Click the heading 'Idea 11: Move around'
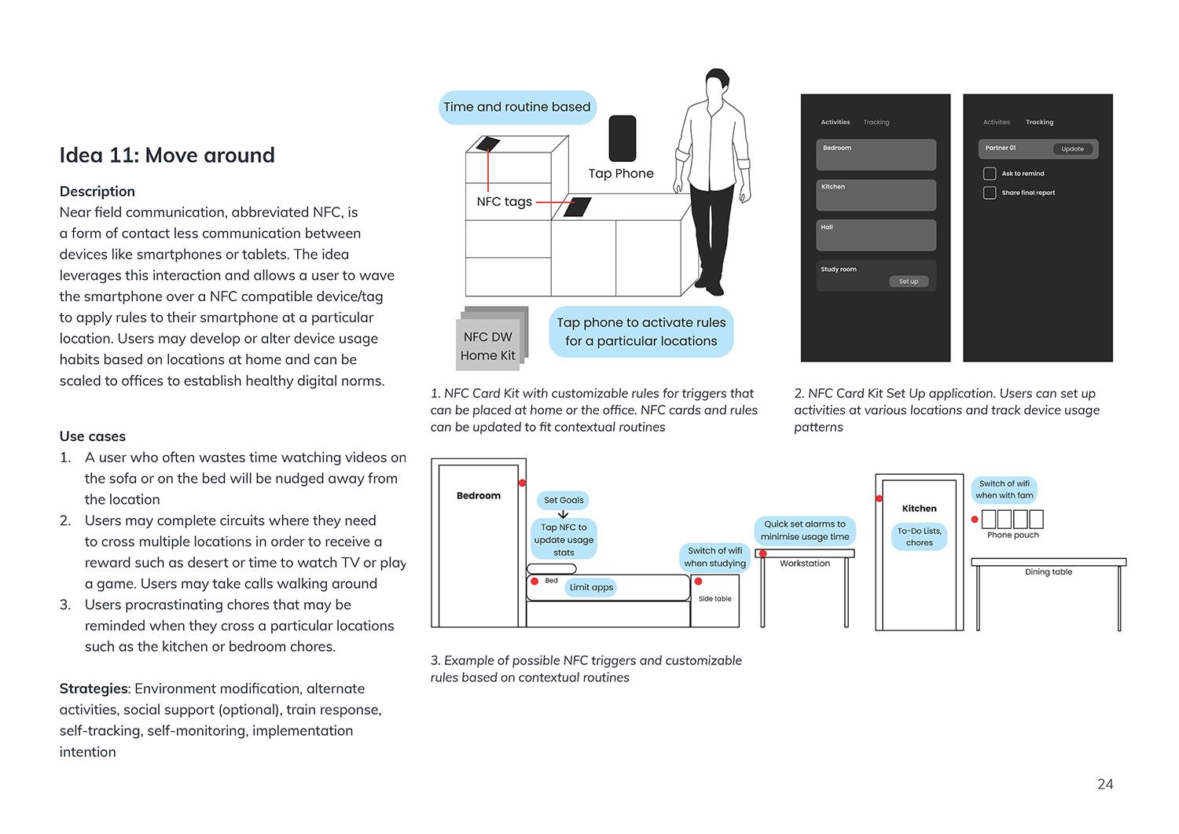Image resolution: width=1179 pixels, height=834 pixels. [167, 155]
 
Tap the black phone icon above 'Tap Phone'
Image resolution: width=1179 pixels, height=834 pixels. [622, 138]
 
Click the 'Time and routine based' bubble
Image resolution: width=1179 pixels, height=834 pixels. [516, 107]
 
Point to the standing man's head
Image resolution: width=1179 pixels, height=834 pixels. [715, 84]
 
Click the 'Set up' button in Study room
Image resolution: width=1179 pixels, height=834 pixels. [908, 281]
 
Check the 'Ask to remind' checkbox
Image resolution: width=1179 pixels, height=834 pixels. [990, 174]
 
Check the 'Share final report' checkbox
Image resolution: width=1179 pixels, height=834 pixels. [990, 193]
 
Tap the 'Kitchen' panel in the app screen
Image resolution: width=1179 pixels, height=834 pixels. [876, 195]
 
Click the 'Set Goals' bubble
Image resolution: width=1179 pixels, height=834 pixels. [564, 500]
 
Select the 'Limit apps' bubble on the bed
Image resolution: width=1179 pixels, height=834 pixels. [591, 587]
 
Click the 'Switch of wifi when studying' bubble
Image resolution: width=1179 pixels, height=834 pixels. [714, 557]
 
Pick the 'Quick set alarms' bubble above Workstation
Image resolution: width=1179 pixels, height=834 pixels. [805, 531]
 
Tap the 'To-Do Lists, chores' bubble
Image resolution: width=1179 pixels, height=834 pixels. [919, 537]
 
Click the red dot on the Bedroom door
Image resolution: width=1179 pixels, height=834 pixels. [522, 482]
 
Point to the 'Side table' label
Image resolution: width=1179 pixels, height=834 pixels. [714, 599]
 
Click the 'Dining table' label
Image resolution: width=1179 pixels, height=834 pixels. [1048, 572]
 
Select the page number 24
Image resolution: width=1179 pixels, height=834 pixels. [1104, 784]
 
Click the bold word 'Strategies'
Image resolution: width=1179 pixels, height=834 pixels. [94, 689]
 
